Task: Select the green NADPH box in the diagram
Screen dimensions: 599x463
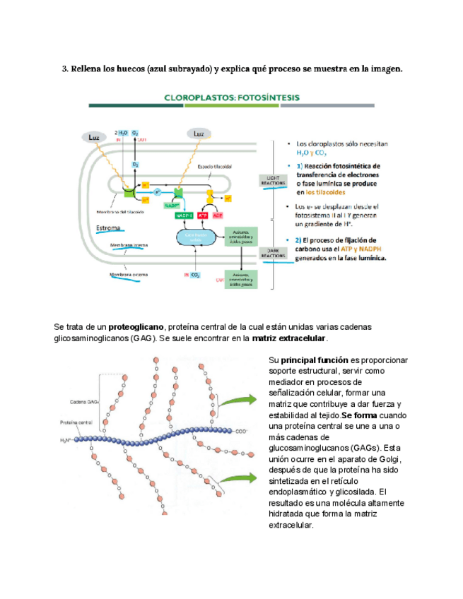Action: [184, 215]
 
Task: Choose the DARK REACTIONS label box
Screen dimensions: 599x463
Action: [272, 254]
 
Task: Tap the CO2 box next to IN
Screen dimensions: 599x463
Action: [195, 274]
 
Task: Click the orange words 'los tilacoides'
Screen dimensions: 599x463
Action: [320, 192]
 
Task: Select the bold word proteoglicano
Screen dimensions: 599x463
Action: [136, 327]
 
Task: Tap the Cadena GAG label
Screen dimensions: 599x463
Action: [84, 403]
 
